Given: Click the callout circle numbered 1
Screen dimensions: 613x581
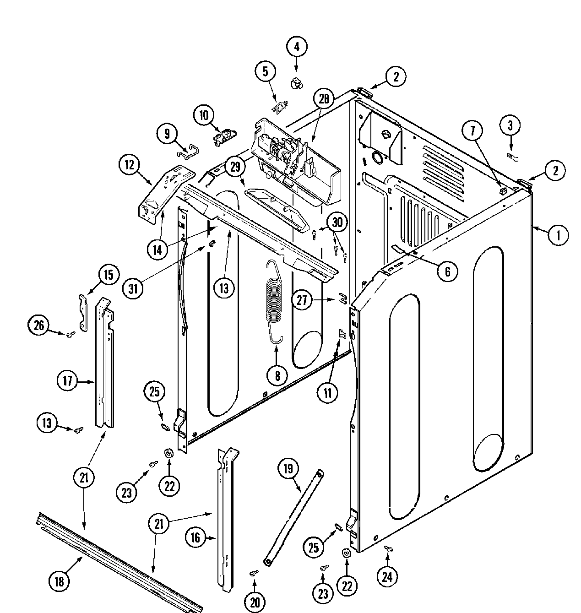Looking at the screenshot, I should pyautogui.click(x=557, y=235).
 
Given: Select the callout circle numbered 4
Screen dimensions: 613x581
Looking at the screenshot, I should pyautogui.click(x=297, y=47).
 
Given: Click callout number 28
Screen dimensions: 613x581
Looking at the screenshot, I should pyautogui.click(x=324, y=100).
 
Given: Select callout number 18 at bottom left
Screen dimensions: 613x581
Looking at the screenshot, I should pyautogui.click(x=59, y=581).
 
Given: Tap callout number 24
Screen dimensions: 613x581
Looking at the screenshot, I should pyautogui.click(x=387, y=577).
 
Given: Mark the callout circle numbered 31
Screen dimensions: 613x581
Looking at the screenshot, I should pyautogui.click(x=133, y=289).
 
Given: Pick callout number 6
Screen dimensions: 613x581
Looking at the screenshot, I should pyautogui.click(x=447, y=271).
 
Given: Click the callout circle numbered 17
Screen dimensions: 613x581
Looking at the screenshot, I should pyautogui.click(x=68, y=381).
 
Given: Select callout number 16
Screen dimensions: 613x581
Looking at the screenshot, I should pyautogui.click(x=195, y=537).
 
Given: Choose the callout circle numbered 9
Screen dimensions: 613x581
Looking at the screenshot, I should pyautogui.click(x=167, y=133).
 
